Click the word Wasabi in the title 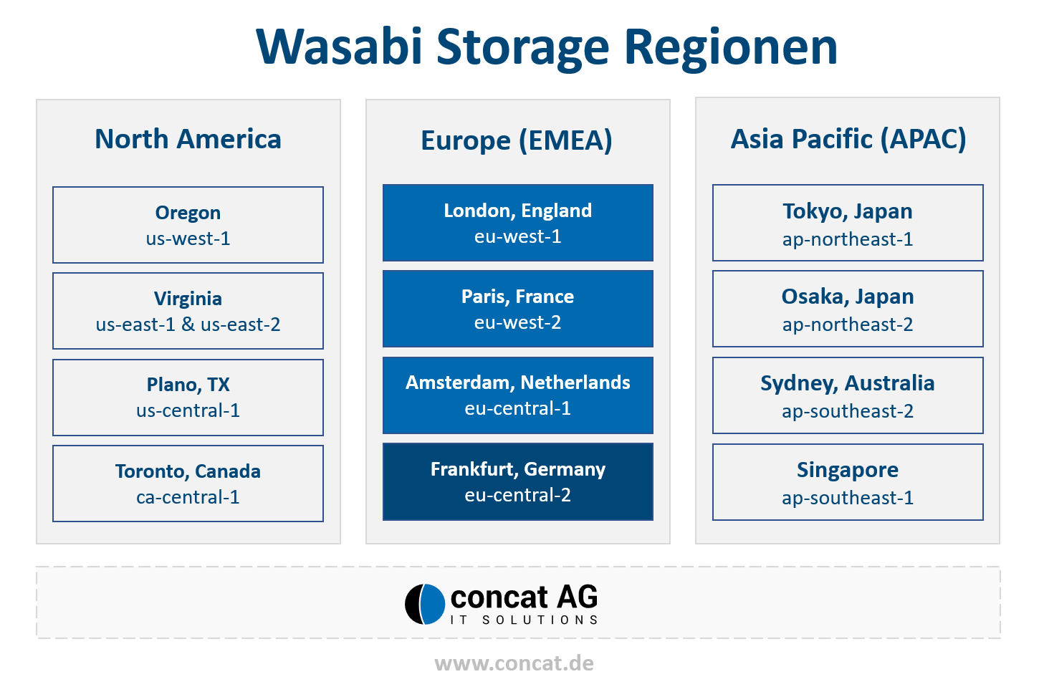point(339,47)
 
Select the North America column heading point(188,139)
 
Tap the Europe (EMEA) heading point(517,140)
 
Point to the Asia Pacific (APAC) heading point(848,139)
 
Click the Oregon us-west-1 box point(188,225)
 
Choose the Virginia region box point(188,311)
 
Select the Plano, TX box point(188,398)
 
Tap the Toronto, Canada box point(188,484)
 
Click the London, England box point(517,223)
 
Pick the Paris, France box point(517,309)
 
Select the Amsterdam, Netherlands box point(517,395)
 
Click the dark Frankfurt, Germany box point(517,482)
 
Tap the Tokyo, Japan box point(848,223)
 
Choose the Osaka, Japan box point(848,309)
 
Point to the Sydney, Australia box point(848,395)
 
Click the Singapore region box point(848,482)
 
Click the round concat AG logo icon point(425,605)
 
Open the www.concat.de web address point(514,663)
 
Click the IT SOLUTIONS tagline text point(524,620)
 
